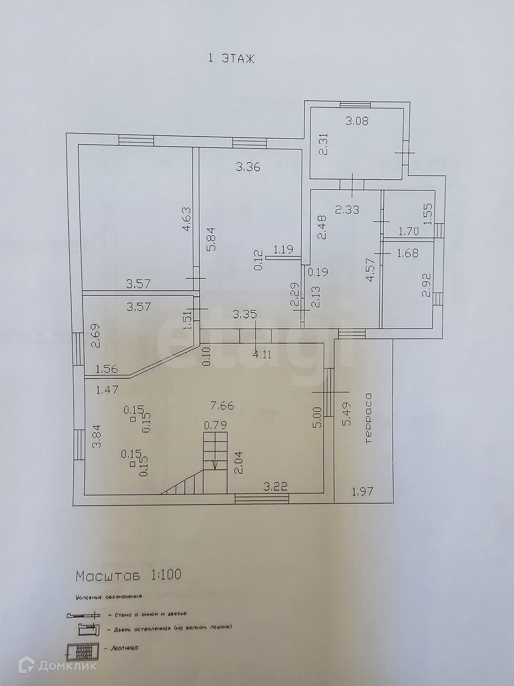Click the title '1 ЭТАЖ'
pyautogui.click(x=231, y=59)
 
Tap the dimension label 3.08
pyautogui.click(x=357, y=121)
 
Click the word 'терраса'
pyautogui.click(x=367, y=419)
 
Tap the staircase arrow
pyautogui.click(x=215, y=463)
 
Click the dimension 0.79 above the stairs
pyautogui.click(x=215, y=424)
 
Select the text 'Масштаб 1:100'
pyautogui.click(x=128, y=575)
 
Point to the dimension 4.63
pyautogui.click(x=187, y=219)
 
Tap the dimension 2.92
pyautogui.click(x=426, y=284)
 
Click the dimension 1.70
pyautogui.click(x=408, y=232)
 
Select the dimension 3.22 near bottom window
pyautogui.click(x=277, y=486)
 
